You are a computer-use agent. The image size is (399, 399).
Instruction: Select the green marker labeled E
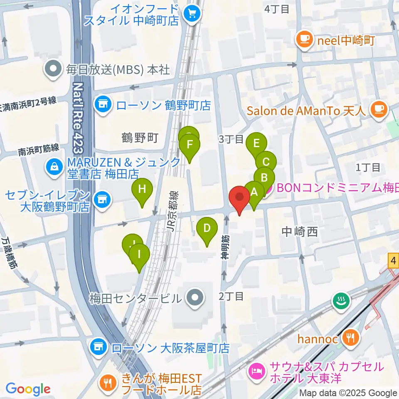[256, 144]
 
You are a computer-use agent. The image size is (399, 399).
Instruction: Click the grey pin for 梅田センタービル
[194, 298]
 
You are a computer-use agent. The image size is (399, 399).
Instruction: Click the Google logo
[28, 389]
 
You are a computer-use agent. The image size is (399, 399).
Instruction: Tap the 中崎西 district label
[299, 232]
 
